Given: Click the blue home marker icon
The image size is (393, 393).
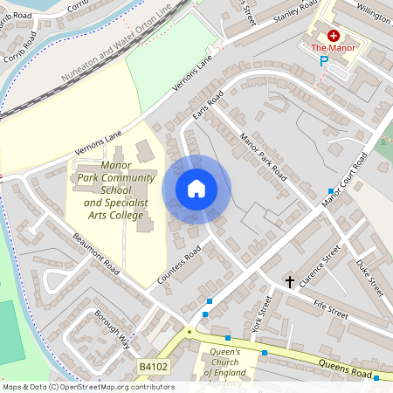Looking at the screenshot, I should point(196,189).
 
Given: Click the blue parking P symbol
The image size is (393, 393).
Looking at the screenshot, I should point(323,61).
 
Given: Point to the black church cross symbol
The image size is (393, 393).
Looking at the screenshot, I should point(290,281).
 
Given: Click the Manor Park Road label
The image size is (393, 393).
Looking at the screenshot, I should point(262,155).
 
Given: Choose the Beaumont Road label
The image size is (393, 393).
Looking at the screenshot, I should point(96,253).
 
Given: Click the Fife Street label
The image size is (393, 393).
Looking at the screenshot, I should point(332,310).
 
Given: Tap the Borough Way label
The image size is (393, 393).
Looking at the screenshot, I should point(112,327).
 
